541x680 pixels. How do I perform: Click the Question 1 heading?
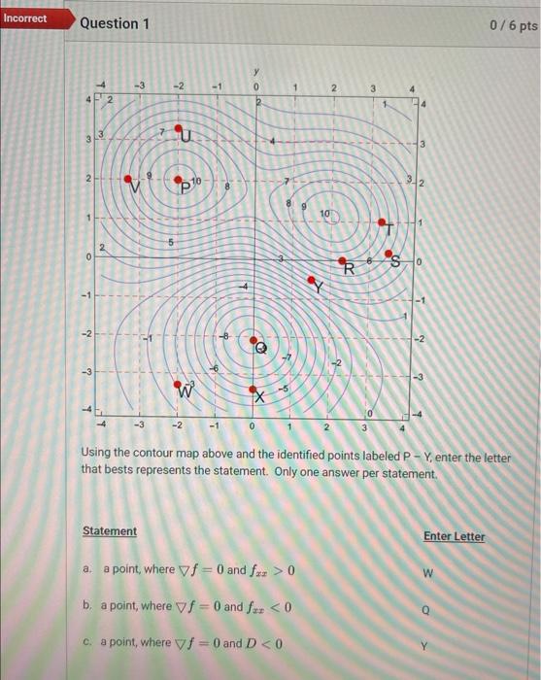click(x=115, y=22)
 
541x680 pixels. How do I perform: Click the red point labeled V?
click(x=133, y=180)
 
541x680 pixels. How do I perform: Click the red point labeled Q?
click(x=255, y=342)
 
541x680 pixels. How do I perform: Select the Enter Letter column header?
click(x=454, y=536)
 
